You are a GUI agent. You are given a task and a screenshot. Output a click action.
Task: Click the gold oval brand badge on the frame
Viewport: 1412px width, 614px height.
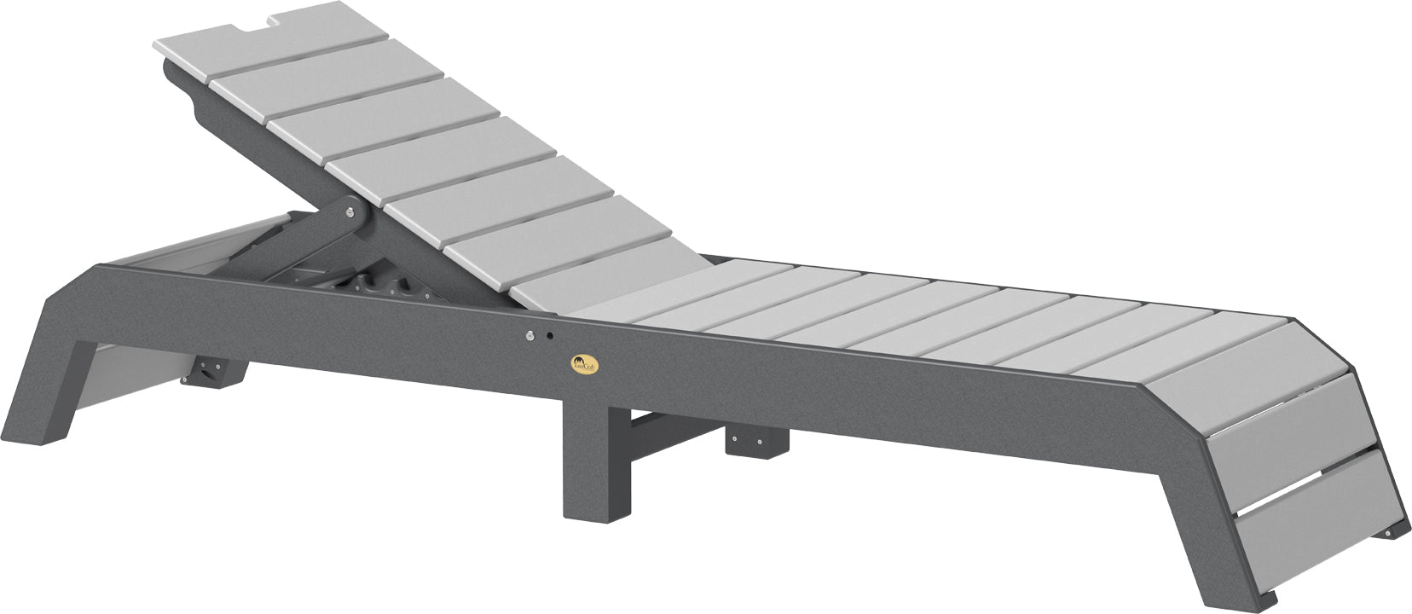pyautogui.click(x=585, y=364)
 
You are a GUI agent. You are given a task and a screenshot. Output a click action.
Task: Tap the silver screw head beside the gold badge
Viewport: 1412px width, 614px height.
pyautogui.click(x=530, y=335)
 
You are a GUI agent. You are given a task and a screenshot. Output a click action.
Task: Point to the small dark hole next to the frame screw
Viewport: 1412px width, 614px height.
pyautogui.click(x=549, y=335)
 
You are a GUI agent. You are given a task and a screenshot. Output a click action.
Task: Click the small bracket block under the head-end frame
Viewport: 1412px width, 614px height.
pyautogui.click(x=213, y=373)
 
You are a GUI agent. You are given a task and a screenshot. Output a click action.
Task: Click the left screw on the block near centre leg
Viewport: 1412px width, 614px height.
pyautogui.click(x=738, y=441)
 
